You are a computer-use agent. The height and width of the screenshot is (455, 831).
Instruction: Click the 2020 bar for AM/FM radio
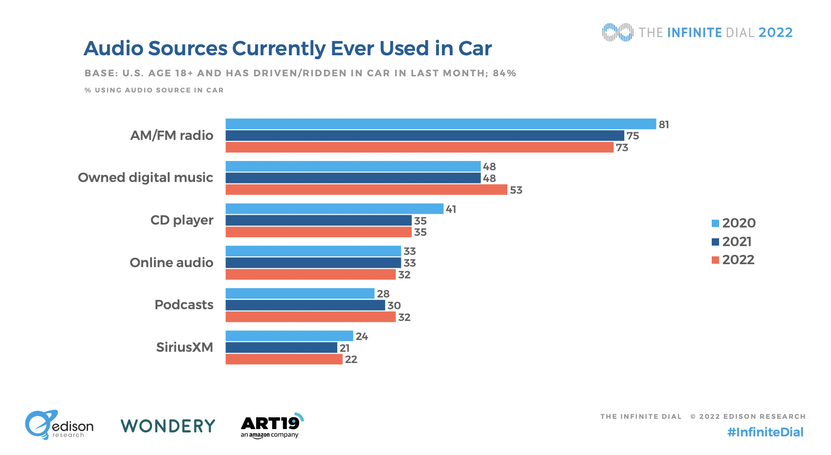440,124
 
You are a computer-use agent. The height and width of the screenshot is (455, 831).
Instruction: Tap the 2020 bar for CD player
334,209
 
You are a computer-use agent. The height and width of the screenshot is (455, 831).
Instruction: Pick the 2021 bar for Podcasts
305,305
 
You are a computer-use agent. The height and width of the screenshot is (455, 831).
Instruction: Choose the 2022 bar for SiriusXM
284,360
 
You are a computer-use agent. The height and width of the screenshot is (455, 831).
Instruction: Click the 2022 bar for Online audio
310,274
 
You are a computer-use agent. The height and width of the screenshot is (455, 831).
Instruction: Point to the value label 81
663,124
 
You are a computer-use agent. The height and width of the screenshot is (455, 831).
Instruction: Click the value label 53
516,190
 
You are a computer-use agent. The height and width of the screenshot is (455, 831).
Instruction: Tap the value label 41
451,209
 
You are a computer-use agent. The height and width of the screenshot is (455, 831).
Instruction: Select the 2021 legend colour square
715,242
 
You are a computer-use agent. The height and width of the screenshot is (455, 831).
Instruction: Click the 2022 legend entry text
738,260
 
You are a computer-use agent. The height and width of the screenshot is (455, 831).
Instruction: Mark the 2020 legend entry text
739,223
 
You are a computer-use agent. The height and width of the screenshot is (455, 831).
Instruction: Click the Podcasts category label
184,305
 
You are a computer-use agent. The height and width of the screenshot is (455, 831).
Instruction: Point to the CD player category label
182,220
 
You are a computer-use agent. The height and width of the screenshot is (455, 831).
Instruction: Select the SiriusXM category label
184,347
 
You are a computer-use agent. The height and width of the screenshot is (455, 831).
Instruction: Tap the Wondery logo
168,426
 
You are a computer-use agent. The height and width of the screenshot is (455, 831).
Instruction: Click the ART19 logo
271,426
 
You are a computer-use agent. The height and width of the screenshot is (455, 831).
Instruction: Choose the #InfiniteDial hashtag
765,432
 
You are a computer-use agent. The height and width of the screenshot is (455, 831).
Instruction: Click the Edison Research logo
59,425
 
